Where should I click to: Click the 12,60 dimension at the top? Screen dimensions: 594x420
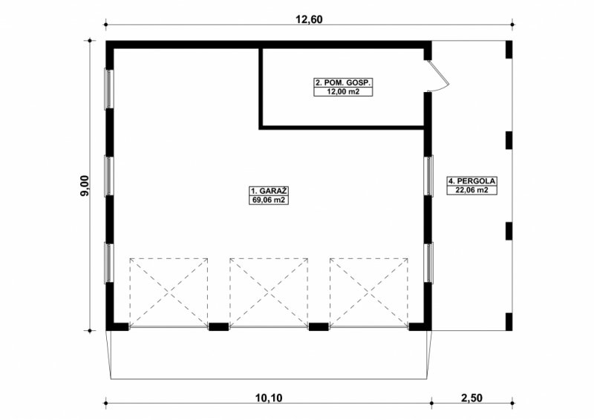pyautogui.click(x=309, y=19)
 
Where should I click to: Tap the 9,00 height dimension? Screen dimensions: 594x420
pyautogui.click(x=84, y=186)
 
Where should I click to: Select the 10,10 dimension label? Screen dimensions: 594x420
pyautogui.click(x=269, y=398)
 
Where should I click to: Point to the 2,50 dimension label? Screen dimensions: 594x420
pyautogui.click(x=472, y=398)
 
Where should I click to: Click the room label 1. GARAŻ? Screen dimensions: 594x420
pyautogui.click(x=269, y=191)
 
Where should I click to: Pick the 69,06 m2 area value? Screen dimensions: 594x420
pyautogui.click(x=269, y=200)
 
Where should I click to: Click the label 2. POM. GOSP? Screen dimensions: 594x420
pyautogui.click(x=344, y=82)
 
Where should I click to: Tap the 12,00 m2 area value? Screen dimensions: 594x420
pyautogui.click(x=344, y=91)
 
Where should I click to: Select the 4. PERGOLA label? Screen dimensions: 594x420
pyautogui.click(x=471, y=181)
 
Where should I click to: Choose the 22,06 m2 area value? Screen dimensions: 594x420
pyautogui.click(x=471, y=190)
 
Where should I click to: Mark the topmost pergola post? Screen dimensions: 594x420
pyautogui.click(x=509, y=50)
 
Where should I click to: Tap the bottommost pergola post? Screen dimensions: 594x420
pyautogui.click(x=509, y=322)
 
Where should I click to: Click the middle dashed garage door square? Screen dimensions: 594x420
pyautogui.click(x=269, y=292)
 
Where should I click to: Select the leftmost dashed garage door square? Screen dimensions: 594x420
pyautogui.click(x=169, y=292)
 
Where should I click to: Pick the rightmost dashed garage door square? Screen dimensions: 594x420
pyautogui.click(x=368, y=292)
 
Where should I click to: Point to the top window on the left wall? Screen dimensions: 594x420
pyautogui.click(x=109, y=89)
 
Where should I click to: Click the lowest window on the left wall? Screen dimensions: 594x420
pyautogui.click(x=109, y=263)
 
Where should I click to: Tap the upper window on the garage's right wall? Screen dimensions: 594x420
pyautogui.click(x=428, y=176)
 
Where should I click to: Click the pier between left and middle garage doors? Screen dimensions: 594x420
pyautogui.click(x=218, y=327)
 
